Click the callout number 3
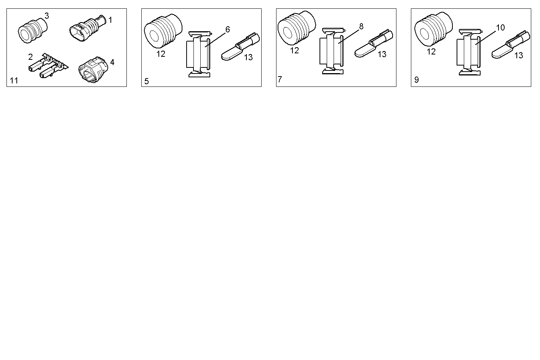click(x=46, y=16)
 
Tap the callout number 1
click(x=110, y=20)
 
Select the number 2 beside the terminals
click(x=30, y=57)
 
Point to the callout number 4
click(x=112, y=62)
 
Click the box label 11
click(x=14, y=80)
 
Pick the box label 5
click(x=147, y=81)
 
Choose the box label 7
click(x=280, y=79)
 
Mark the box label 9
click(x=416, y=80)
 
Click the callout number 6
click(x=228, y=29)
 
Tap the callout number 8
click(x=361, y=26)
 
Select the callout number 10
click(x=500, y=27)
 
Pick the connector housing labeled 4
click(x=93, y=69)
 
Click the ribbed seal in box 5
click(x=161, y=33)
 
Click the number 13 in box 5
click(x=248, y=58)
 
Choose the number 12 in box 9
click(x=431, y=52)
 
